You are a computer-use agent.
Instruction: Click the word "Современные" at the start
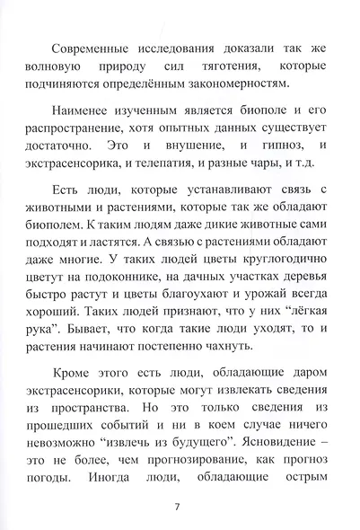(x=98, y=45)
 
